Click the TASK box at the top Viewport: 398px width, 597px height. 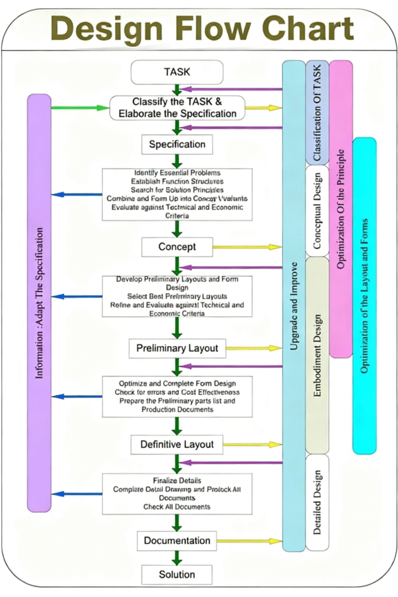pos(177,72)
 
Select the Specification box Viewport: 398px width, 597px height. pos(177,144)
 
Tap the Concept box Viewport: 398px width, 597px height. pos(177,247)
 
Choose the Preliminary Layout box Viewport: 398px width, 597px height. pos(177,349)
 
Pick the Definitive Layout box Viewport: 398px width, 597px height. pos(177,444)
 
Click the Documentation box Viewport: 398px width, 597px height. pos(177,540)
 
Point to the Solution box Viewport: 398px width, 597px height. pos(177,574)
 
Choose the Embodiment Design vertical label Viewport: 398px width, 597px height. pos(317,356)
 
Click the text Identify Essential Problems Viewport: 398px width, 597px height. pos(177,173)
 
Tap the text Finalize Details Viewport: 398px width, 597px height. pos(177,480)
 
